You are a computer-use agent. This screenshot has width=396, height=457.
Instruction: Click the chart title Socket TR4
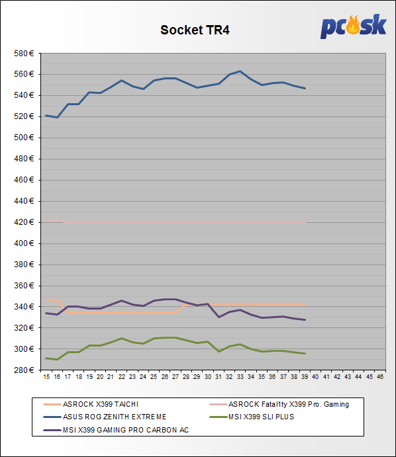pos(195,30)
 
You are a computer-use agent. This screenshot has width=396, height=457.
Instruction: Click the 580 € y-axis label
pos(24,54)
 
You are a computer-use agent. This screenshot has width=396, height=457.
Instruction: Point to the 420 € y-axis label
pos(24,222)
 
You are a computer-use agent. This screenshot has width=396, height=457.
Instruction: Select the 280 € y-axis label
pos(24,370)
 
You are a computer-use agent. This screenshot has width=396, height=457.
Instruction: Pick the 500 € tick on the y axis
pos(24,138)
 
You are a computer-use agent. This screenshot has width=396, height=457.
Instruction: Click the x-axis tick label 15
pos(46,377)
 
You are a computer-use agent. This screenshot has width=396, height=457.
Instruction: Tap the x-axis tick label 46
pos(380,377)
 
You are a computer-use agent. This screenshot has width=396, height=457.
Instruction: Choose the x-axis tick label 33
pos(240,377)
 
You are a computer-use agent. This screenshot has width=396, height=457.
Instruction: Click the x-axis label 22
pos(122,377)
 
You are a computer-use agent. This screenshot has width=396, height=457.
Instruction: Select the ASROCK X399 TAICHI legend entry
pos(91,404)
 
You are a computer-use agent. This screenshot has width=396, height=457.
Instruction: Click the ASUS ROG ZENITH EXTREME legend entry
pos(105,417)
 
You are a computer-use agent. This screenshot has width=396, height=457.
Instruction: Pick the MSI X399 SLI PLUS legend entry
pos(252,417)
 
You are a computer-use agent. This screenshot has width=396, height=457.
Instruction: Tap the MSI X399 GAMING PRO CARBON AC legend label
pos(126,430)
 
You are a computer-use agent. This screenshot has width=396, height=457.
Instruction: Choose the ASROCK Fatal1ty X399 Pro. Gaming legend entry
pos(279,404)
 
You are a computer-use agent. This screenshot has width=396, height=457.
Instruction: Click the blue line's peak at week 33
pos(240,71)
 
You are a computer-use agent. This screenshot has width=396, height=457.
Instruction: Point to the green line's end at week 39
pos(305,354)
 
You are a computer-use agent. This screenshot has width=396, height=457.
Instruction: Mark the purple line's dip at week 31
pos(219,317)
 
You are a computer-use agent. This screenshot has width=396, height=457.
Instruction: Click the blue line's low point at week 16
pos(57,118)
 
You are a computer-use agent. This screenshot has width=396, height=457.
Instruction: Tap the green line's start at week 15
pos(46,358)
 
